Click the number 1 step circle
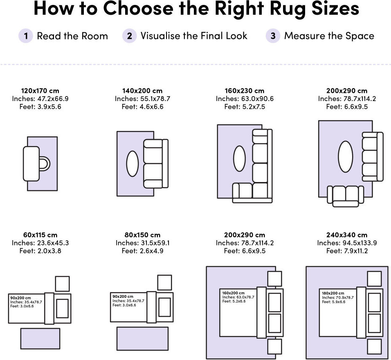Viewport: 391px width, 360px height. [26, 36]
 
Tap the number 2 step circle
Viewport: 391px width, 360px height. [129, 36]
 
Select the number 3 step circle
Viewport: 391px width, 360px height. [273, 36]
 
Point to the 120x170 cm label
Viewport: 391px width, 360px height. [40, 90]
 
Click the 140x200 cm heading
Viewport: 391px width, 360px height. [142, 90]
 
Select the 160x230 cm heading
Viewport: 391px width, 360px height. [245, 90]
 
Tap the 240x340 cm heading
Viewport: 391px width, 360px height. [347, 235]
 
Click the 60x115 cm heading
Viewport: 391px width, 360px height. [40, 235]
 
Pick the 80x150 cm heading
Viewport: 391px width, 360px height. [142, 235]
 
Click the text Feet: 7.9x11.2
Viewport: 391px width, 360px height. [347, 251]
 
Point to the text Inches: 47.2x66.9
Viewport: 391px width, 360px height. [40, 99]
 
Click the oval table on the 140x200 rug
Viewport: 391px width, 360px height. [133, 164]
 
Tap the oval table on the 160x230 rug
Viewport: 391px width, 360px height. [239, 159]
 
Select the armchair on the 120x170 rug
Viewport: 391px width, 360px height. [36, 164]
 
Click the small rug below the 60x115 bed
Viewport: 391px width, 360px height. [40, 339]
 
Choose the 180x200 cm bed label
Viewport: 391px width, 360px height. [333, 293]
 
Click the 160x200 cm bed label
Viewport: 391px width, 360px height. [234, 292]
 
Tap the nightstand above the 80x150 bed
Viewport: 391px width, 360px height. [164, 282]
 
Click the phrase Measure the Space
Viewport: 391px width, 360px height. [329, 36]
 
